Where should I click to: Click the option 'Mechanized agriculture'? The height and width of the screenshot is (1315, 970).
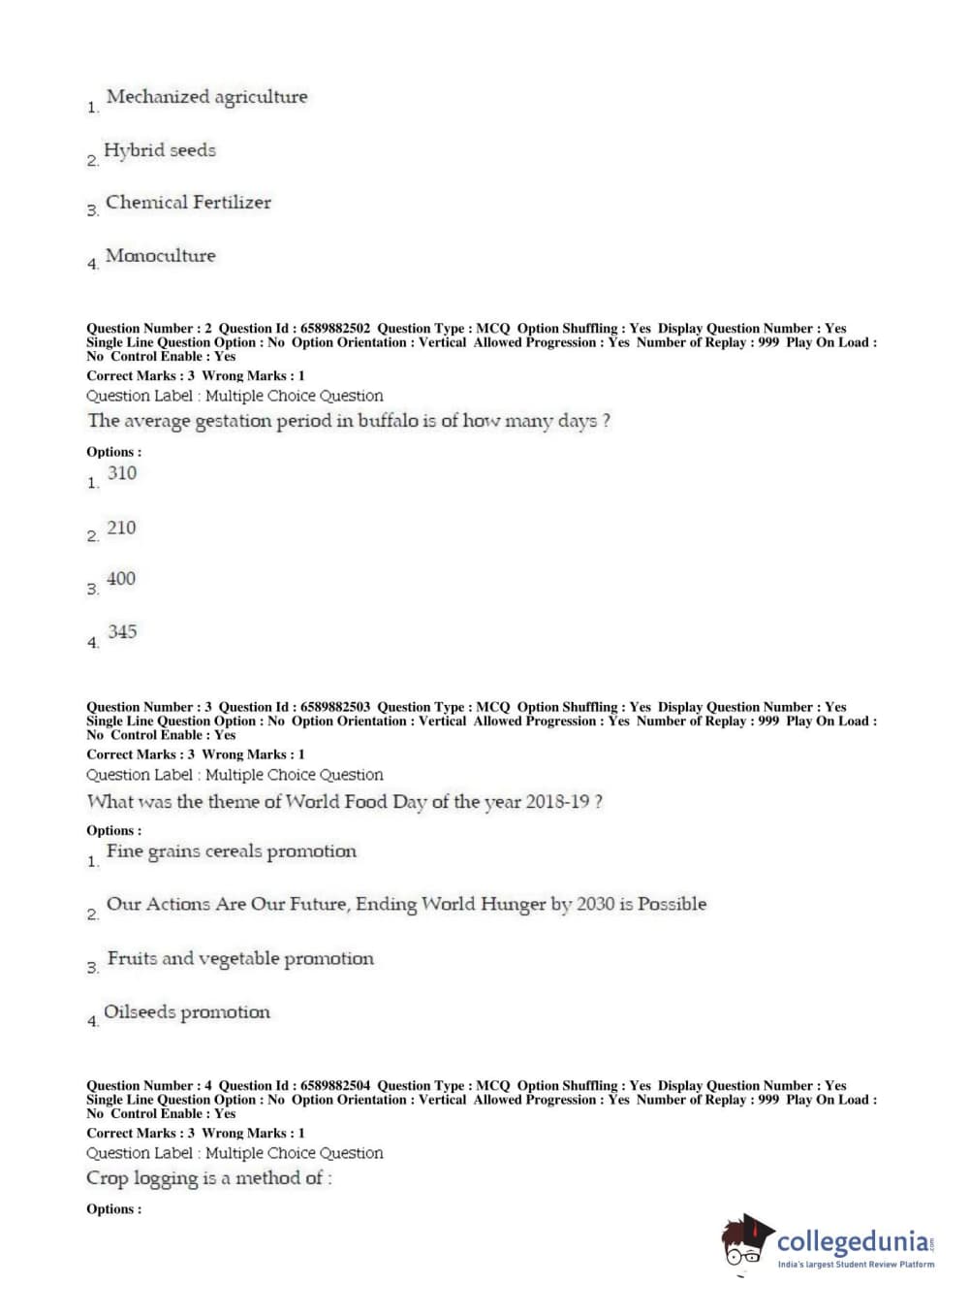tap(206, 97)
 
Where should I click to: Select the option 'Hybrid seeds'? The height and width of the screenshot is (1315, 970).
tap(160, 150)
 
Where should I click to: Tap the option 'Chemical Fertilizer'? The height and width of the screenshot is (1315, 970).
tap(188, 203)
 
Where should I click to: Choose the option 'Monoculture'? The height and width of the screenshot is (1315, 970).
tap(161, 256)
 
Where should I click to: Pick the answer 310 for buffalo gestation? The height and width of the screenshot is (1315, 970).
tap(122, 473)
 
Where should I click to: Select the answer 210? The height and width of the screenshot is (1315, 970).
tap(121, 528)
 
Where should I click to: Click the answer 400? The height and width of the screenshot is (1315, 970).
tap(121, 579)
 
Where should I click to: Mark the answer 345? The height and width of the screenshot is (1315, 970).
tap(122, 632)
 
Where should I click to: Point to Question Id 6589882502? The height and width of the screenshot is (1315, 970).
tap(334, 329)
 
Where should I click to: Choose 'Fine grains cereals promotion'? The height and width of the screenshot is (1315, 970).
tap(232, 851)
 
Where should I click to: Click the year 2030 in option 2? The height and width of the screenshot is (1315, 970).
tap(595, 904)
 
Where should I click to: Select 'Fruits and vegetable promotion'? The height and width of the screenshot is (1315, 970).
tap(240, 959)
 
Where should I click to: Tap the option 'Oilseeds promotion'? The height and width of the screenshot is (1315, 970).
tap(187, 1012)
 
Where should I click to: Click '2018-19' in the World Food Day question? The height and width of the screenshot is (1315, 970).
tap(557, 802)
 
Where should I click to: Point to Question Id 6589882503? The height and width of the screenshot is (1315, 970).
tap(334, 707)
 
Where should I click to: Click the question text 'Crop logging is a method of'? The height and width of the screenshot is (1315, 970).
tap(208, 1178)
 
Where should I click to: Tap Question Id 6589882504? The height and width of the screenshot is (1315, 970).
tap(334, 1086)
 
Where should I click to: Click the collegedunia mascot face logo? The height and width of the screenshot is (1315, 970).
tap(746, 1241)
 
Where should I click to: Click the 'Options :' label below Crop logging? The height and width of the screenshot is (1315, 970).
tap(113, 1209)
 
